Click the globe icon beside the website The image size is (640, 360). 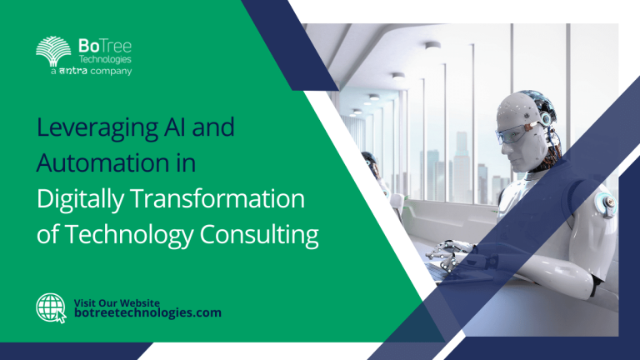(50, 307)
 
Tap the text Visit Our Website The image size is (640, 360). (117, 301)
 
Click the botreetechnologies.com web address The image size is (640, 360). (148, 312)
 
